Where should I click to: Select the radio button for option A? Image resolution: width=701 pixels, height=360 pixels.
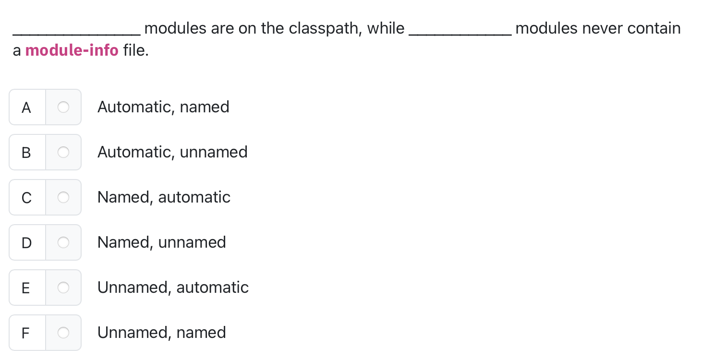63,107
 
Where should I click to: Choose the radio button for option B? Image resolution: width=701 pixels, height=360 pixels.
63,152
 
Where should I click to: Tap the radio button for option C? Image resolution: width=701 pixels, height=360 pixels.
63,197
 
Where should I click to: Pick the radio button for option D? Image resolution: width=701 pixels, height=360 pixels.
63,242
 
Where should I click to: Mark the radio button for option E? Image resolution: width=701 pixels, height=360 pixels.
63,288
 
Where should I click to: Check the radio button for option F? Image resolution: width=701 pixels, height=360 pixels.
63,333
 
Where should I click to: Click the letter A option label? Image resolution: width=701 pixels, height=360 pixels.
26,107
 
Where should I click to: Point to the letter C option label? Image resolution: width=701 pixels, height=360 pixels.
26,197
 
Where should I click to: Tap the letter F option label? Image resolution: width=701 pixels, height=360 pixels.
26,333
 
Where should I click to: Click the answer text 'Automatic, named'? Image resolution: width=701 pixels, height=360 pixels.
163,107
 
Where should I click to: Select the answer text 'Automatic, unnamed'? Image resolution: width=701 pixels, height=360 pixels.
172,152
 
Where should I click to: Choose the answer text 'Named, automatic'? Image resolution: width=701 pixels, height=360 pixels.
164,197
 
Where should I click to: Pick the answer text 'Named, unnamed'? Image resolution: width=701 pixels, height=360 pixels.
161,242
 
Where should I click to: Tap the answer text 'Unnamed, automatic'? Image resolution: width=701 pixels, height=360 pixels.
173,288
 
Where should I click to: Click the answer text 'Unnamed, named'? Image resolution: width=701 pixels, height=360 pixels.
161,333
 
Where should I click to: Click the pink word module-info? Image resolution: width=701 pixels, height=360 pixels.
72,50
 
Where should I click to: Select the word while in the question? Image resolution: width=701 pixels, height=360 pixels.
386,29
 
